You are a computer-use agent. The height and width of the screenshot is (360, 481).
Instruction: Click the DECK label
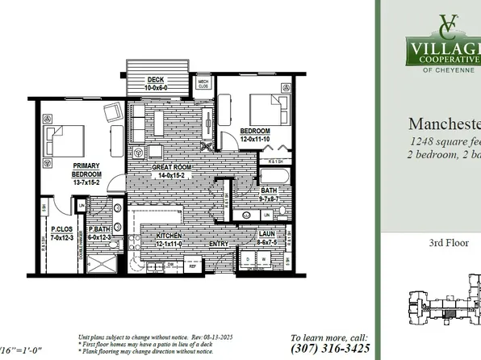(x=157, y=79)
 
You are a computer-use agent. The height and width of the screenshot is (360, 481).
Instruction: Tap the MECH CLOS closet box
(x=205, y=84)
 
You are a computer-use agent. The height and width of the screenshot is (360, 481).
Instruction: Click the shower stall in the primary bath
(x=102, y=263)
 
